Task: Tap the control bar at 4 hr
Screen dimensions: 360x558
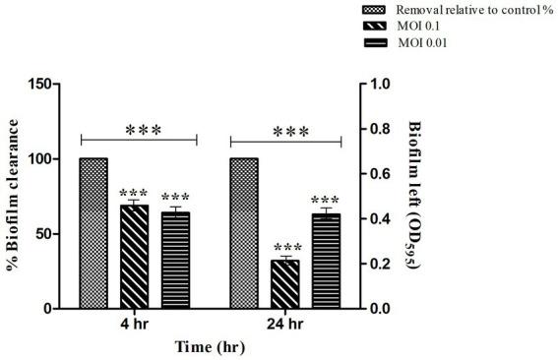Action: pos(93,233)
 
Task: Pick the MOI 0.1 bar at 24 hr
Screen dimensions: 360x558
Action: pos(285,284)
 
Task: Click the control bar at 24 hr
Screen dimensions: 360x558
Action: pos(244,233)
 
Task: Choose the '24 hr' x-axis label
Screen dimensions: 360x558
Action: pos(285,326)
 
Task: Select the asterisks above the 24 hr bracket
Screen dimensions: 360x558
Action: pos(290,132)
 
